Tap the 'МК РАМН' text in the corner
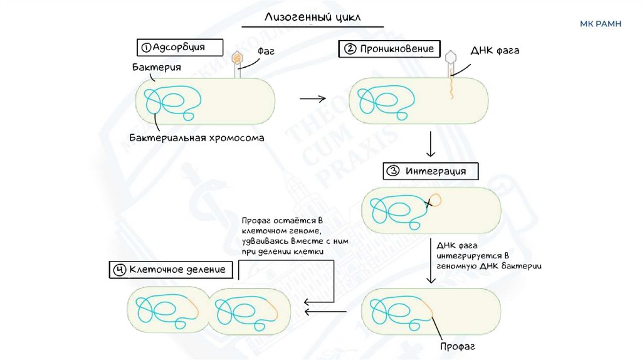coord(601,24)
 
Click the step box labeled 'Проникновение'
coord(390,49)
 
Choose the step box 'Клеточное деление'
coord(171,270)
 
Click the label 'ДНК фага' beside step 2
coord(495,50)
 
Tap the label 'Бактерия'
coord(157,67)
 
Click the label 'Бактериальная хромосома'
coord(197,137)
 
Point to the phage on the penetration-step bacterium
coord(450,60)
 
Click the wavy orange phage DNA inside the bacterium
coord(451,89)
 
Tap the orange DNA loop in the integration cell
coord(434,201)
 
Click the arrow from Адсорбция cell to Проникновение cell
coord(313,98)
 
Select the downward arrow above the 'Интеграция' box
coord(431,145)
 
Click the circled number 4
coord(119,270)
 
